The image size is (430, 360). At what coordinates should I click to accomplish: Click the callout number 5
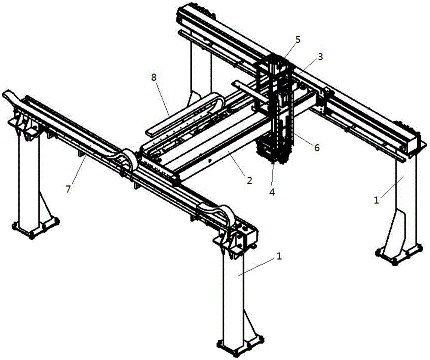click(298, 40)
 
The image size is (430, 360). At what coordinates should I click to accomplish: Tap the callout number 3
click(320, 57)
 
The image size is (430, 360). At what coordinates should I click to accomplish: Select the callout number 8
click(154, 78)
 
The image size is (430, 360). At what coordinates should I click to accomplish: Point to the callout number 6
click(317, 148)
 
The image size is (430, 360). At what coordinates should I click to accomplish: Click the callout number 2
click(249, 180)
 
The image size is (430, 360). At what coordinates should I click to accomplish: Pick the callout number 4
click(272, 192)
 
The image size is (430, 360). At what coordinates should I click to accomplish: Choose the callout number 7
click(68, 189)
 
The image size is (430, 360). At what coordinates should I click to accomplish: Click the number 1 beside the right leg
click(377, 200)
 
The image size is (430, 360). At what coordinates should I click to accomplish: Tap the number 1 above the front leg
click(279, 256)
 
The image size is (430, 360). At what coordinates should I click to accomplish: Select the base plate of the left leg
click(36, 228)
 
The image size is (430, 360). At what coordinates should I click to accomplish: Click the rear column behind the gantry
click(200, 71)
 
